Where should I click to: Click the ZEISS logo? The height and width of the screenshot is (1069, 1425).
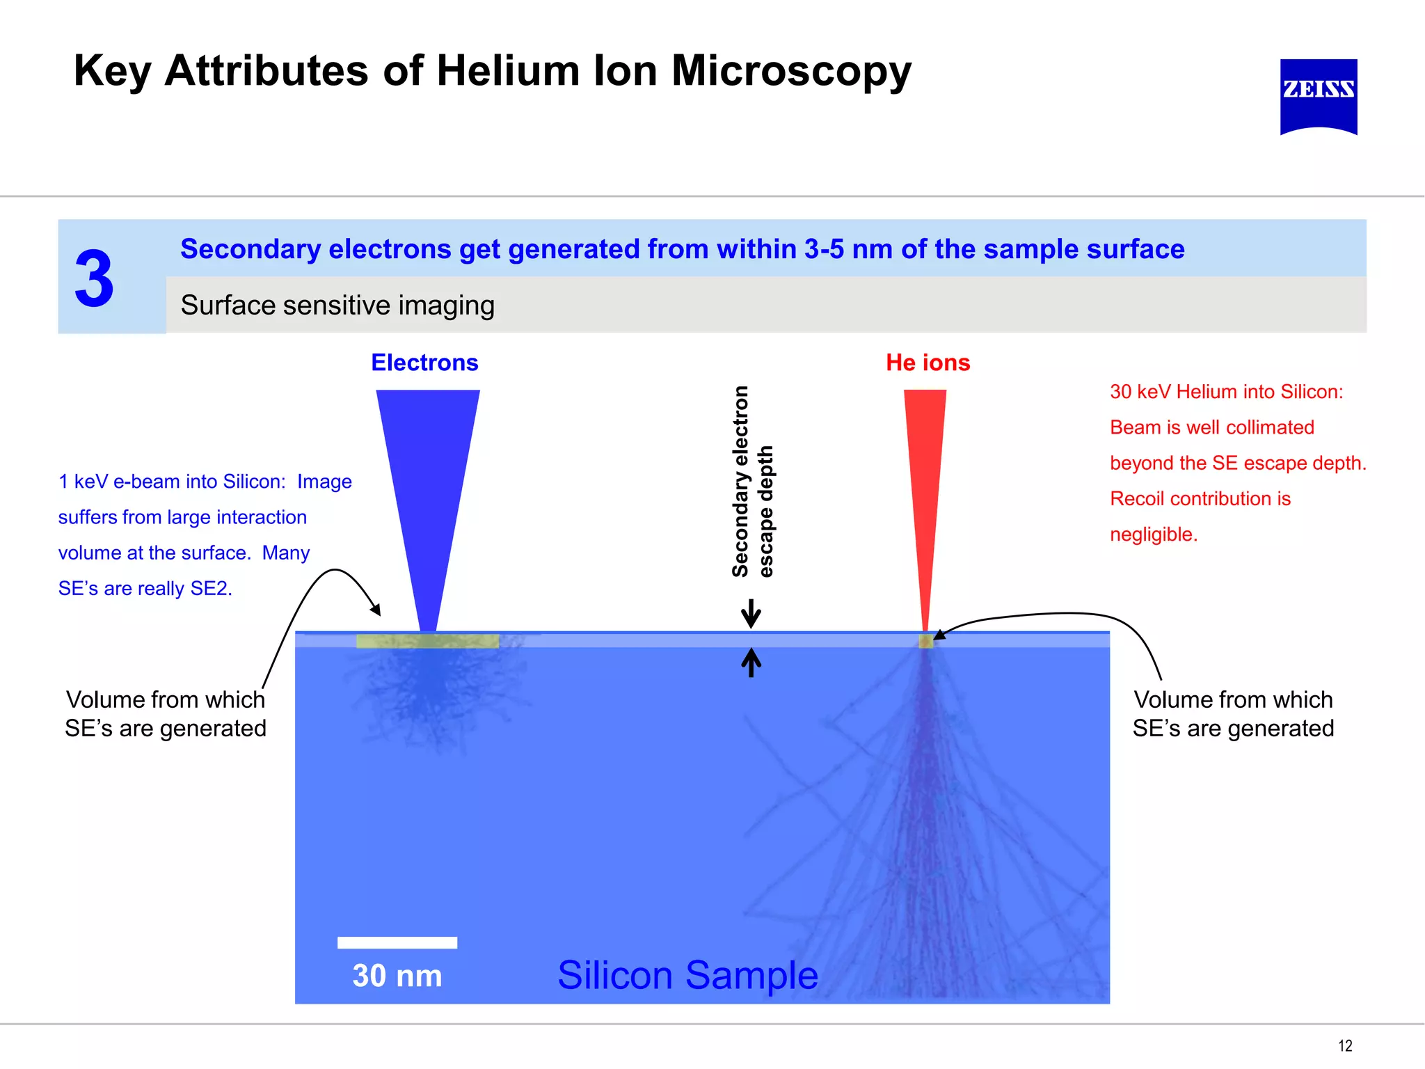coord(1318,95)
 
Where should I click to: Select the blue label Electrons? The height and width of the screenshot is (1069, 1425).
coord(424,363)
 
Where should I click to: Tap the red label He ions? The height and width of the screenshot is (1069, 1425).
coord(928,363)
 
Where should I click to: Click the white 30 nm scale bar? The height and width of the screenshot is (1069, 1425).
coord(397,942)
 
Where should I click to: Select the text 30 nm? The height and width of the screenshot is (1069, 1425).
coord(397,976)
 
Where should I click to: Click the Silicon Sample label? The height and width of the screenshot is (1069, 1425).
coord(687,975)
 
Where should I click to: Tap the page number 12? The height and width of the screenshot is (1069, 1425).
coord(1345,1045)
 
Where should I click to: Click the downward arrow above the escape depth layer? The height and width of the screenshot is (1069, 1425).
coord(751,613)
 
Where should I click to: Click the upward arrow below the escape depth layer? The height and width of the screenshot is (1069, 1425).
coord(751,663)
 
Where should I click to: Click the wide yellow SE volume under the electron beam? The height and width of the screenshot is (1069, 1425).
coord(427,641)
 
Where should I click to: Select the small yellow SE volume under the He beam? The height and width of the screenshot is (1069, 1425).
coord(925,641)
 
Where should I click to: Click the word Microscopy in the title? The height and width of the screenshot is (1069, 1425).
coord(791,71)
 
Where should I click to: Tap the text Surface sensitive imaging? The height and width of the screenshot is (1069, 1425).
coord(337,305)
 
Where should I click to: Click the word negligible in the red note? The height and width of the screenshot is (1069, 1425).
coord(1152,534)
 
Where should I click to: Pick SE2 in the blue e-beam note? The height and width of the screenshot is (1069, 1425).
coord(209,589)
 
